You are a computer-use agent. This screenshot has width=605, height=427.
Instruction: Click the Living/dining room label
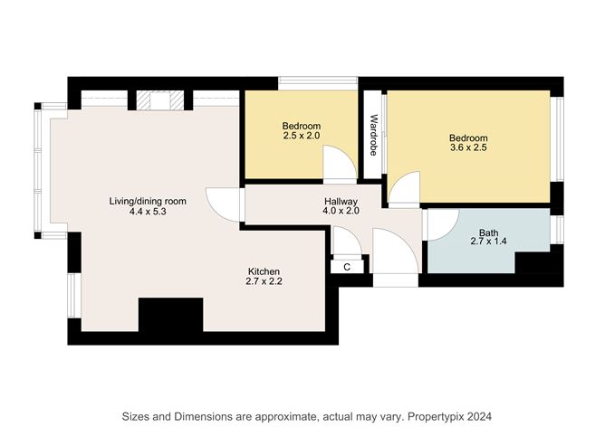pos(147,200)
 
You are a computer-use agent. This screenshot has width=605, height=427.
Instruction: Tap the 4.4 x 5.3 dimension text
pos(147,212)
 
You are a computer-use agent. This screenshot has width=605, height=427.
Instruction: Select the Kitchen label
pos(264,271)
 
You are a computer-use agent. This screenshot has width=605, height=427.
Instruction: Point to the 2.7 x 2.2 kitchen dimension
pos(264,283)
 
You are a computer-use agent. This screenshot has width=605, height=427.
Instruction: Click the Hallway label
pos(341,201)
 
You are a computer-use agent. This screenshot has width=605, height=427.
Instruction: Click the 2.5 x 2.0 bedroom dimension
pos(301,137)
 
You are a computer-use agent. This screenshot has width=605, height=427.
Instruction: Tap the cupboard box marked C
pos(348,266)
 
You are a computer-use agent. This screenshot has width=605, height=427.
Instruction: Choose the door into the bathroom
pos(440,224)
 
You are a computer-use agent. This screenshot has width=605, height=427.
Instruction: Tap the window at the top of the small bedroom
pos(318,83)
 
